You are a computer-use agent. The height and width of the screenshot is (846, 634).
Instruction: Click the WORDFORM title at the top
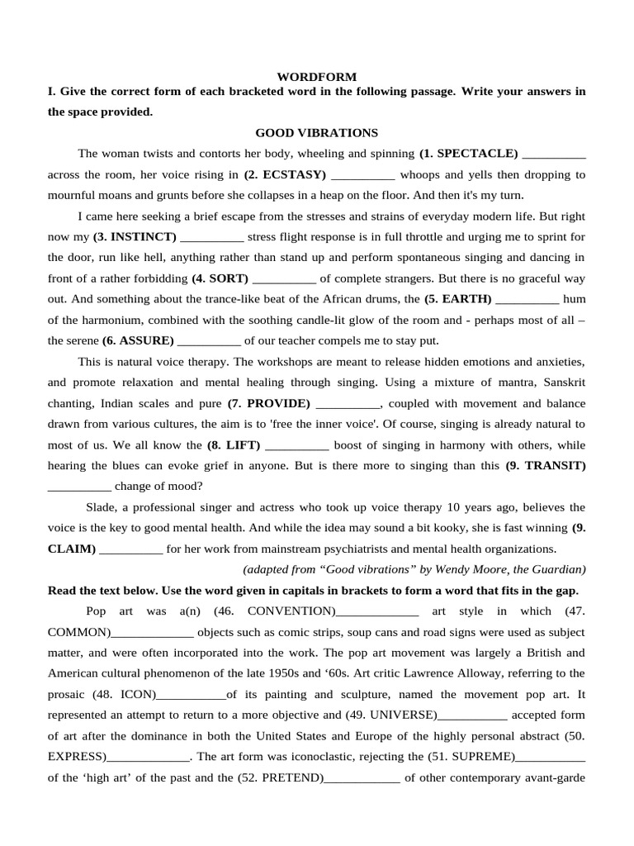316,77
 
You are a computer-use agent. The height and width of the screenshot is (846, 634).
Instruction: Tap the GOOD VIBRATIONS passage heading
316,132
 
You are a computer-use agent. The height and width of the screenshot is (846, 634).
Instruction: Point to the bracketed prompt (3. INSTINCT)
135,237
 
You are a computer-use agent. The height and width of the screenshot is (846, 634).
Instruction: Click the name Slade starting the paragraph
102,507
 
